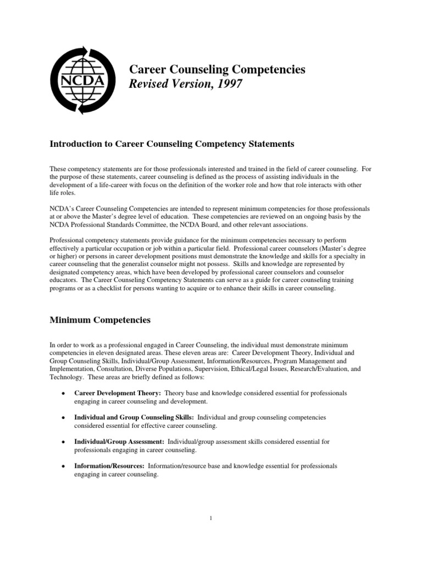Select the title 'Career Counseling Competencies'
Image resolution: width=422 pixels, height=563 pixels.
217,69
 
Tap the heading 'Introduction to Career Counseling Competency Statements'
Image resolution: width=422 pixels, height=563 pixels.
172,144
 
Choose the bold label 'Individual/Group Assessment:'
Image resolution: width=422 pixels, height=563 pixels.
119,441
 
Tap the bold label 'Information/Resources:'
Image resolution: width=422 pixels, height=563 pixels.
109,466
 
